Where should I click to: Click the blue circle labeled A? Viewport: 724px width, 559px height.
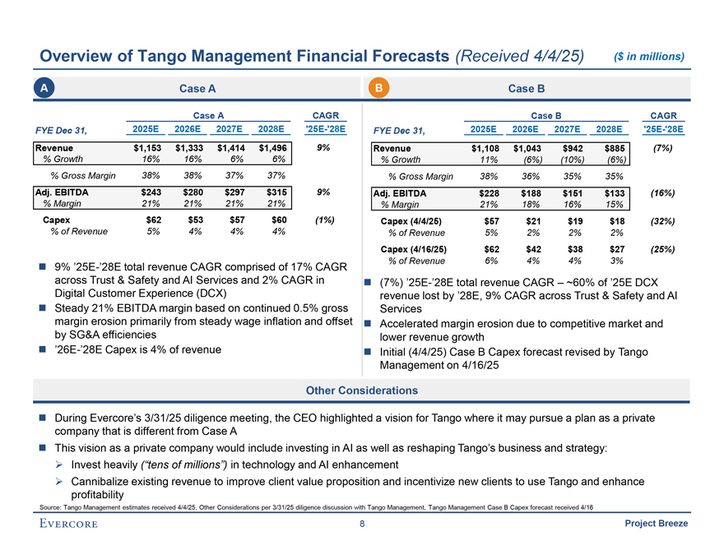[x=52, y=88]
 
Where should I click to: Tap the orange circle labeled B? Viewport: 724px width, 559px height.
[x=378, y=88]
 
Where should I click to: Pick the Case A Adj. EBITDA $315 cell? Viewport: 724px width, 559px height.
[x=273, y=192]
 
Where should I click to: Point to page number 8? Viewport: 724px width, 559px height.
[x=362, y=524]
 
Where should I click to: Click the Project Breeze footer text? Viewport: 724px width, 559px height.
[x=656, y=524]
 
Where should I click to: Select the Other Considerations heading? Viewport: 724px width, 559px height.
[x=362, y=390]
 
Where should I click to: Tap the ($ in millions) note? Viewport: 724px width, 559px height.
[x=650, y=56]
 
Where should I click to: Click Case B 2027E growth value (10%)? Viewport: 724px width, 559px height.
[x=570, y=160]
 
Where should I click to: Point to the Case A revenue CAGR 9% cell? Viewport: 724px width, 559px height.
[x=323, y=149]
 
